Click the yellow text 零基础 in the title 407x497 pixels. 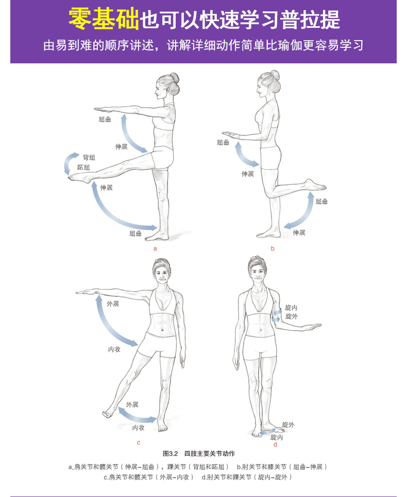(104, 19)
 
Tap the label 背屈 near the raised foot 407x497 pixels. (89, 158)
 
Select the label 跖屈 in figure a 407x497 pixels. (83, 167)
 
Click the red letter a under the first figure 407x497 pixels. (155, 249)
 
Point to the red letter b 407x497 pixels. (273, 248)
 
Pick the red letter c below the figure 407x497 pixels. (139, 443)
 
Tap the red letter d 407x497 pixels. (275, 444)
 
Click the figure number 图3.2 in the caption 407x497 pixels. (170, 454)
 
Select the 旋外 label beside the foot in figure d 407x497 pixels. (288, 425)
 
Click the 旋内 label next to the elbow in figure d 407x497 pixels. (291, 307)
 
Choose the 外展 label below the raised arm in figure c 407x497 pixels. (113, 304)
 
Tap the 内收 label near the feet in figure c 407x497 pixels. (138, 427)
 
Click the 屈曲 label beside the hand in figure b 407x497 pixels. (223, 143)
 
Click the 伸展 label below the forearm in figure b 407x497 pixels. (248, 174)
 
